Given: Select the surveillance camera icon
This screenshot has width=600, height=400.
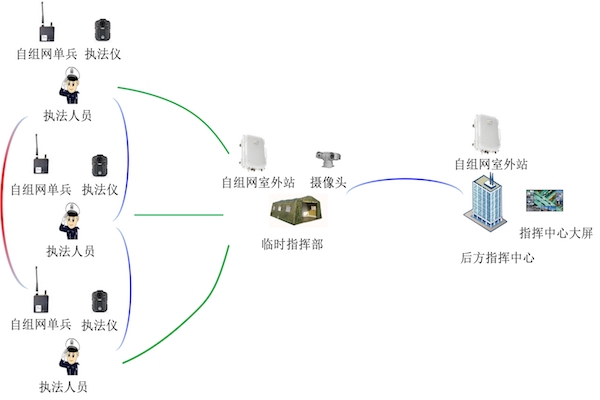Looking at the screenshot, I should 325,160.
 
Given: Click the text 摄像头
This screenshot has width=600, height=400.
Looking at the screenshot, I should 327,183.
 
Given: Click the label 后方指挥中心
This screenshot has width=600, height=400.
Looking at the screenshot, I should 497,257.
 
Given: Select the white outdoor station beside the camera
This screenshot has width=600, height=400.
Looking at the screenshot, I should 256,151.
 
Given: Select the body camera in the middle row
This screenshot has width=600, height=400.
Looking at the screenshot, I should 101,165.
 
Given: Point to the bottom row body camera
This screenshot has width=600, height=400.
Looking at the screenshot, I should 101,298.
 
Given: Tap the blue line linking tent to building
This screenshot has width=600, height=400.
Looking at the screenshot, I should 400,181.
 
